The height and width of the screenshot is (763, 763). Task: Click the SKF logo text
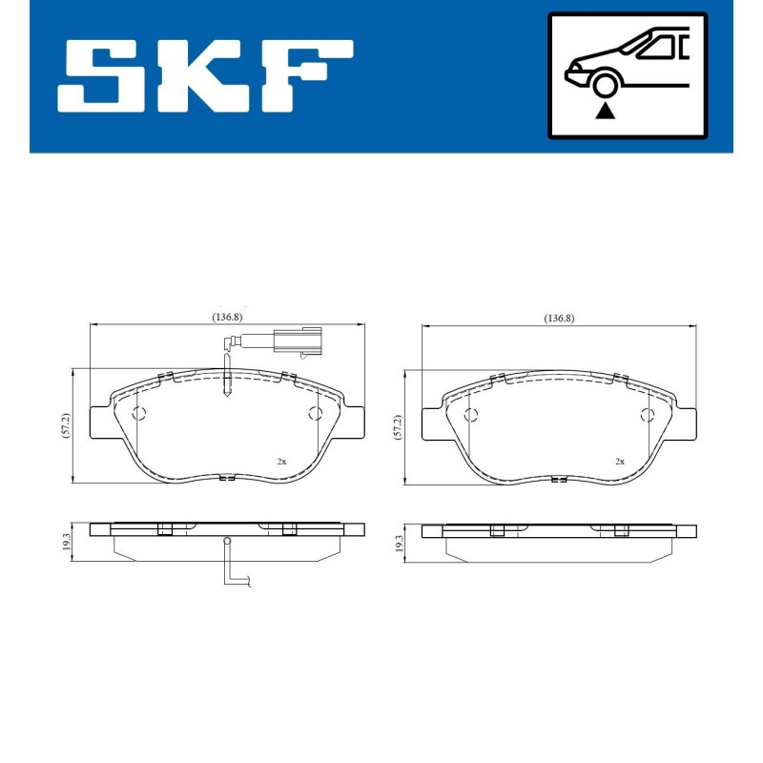click(x=205, y=75)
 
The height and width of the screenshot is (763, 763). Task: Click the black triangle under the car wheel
click(x=605, y=111)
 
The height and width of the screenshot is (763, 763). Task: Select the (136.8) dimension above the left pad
click(x=227, y=317)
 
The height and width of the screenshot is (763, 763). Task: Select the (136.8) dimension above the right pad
click(x=559, y=319)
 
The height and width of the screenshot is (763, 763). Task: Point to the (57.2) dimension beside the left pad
click(x=66, y=425)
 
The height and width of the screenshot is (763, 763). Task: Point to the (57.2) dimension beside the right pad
click(x=398, y=427)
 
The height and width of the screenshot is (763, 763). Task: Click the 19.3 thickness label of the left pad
click(x=66, y=542)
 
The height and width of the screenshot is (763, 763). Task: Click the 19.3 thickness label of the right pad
click(x=399, y=543)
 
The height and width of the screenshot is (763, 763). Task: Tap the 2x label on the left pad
click(x=281, y=462)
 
